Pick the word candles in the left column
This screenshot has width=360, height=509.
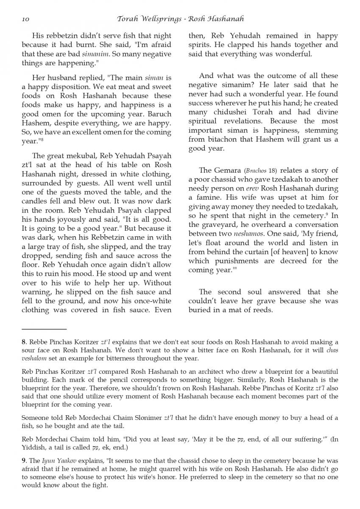click(x=36, y=193)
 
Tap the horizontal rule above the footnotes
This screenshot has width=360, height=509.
click(x=44, y=329)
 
